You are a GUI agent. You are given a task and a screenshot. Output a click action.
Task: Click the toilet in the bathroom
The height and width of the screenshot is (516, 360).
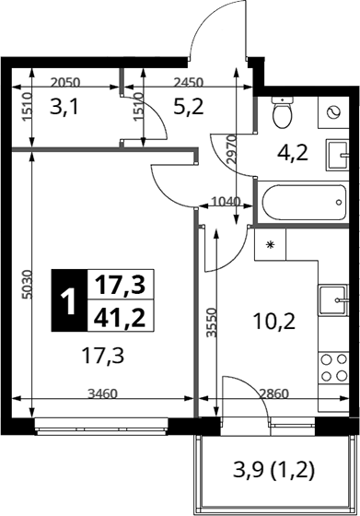283,112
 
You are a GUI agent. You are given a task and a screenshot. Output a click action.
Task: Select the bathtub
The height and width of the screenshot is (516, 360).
304,202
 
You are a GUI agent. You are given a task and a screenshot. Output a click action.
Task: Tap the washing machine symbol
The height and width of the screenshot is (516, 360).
333,112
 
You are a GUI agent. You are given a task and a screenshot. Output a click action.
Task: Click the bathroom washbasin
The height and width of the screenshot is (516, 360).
337,155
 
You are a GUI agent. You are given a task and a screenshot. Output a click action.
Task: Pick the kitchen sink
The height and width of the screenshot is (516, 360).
333,299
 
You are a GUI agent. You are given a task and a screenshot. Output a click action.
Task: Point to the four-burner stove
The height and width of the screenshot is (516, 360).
333,368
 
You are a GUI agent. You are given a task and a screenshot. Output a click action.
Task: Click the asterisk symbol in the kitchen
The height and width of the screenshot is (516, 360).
270,244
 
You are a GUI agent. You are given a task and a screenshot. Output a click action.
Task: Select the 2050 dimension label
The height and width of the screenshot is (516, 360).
65,82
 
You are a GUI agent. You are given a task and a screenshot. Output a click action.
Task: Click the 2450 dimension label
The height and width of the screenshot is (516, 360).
189,82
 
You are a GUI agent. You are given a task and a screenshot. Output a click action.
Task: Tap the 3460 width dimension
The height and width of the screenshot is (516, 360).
102,393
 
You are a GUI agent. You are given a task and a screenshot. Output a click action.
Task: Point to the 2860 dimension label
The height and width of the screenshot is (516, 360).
273,393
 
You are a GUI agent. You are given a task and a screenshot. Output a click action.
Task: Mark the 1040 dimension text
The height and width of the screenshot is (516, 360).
226,201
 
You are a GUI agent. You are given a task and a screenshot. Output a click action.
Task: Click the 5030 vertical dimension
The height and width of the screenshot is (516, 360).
28,285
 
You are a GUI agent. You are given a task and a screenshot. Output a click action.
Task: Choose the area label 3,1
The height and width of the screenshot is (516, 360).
64,107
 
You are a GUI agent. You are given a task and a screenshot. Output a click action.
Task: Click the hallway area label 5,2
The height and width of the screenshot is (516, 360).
189,107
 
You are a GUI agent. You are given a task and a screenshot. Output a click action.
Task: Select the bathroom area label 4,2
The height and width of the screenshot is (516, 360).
293,153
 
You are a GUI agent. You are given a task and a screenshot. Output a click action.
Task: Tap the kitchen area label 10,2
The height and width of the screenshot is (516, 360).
274,322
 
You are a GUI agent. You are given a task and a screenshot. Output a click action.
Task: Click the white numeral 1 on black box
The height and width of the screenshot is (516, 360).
69,300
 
